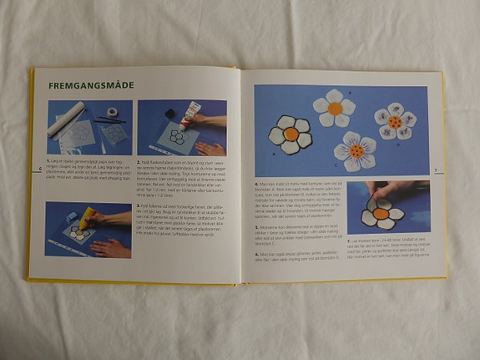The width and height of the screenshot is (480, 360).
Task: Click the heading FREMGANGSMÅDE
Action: point(92,85)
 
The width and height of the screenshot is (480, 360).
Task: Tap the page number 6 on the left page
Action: point(40,168)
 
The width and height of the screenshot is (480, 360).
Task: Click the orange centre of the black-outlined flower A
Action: point(291,134)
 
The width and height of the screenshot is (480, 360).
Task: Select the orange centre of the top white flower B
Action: point(335,108)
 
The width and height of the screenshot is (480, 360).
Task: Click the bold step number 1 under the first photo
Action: point(48,160)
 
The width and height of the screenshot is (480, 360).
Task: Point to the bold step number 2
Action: point(138,160)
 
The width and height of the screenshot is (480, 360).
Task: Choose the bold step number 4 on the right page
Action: point(255,183)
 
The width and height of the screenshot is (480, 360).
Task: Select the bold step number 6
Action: point(255,253)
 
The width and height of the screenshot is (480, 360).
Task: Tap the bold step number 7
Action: point(346,239)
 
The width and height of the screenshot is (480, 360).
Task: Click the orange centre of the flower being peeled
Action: point(380,214)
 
